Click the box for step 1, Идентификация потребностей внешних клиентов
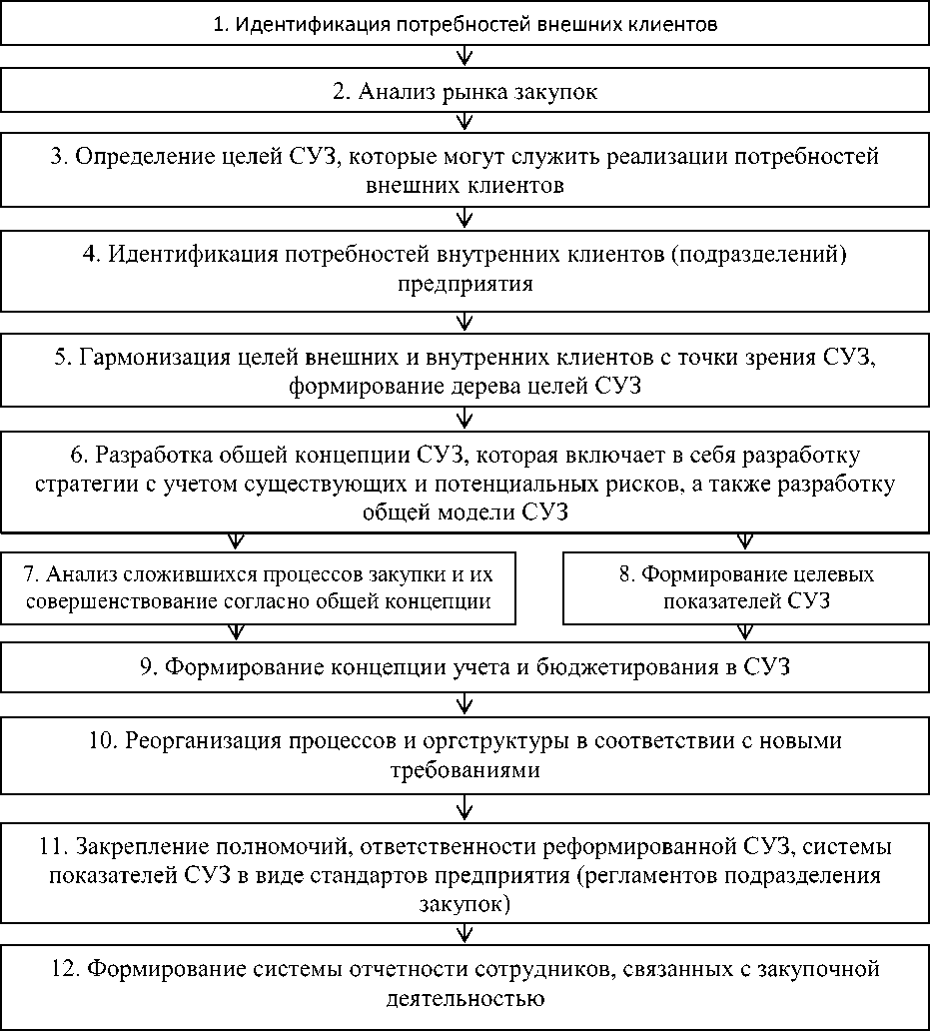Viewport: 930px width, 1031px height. (x=465, y=24)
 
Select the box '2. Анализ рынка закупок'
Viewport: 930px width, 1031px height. (x=465, y=92)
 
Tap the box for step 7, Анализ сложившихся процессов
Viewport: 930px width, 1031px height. (x=258, y=588)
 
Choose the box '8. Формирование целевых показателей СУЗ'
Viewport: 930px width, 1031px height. (x=744, y=588)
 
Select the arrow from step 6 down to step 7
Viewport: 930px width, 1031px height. (x=236, y=540)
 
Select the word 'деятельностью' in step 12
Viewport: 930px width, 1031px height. (x=465, y=999)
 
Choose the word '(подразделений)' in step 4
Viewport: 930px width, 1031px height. (x=763, y=255)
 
